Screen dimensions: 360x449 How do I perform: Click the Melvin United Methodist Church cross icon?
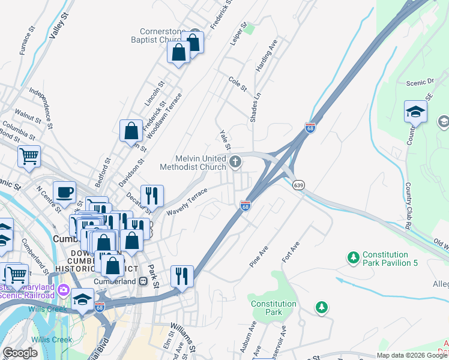coord(235,161)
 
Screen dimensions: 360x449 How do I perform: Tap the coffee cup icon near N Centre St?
coord(65,192)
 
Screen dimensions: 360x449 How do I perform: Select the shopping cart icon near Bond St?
coord(29,156)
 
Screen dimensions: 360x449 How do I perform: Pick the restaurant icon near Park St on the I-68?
coord(182,276)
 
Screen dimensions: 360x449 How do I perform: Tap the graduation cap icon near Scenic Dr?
coord(415,112)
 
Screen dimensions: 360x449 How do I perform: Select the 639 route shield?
coord(298,185)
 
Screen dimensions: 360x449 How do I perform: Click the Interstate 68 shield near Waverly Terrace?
coord(245,206)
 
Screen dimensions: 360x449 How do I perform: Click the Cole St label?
coord(238,83)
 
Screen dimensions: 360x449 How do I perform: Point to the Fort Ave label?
coord(291,251)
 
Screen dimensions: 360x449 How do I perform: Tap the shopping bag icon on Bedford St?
coord(131,130)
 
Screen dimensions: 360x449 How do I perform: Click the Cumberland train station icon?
coord(143,281)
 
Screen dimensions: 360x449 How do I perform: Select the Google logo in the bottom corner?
coord(20,353)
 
